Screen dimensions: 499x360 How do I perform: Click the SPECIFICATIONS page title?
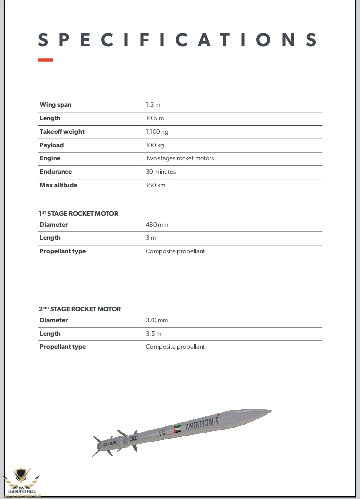[x=178, y=40]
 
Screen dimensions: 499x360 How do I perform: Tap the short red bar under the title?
[x=45, y=60]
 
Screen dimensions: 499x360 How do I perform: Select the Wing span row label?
[x=55, y=105]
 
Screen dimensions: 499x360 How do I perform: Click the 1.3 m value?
[x=153, y=105]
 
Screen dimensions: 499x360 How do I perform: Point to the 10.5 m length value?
[x=154, y=118]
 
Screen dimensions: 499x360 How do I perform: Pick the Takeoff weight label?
[x=62, y=132]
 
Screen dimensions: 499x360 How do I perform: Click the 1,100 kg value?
[x=157, y=132]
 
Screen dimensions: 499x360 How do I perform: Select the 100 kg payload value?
[x=154, y=145]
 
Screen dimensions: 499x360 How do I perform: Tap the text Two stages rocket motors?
[x=179, y=158]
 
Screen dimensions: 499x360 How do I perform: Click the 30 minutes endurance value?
[x=160, y=172]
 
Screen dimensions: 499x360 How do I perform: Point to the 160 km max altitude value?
[x=155, y=185]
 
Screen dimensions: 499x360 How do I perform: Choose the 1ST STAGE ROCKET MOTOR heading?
[x=78, y=213]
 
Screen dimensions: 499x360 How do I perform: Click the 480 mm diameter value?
[x=157, y=225]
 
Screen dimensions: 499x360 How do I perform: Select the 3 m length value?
[x=150, y=238]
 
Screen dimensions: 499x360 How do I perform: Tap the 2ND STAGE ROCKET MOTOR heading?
[x=80, y=309]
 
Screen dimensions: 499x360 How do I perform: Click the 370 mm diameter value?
[x=156, y=320]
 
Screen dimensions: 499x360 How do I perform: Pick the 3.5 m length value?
[x=153, y=334]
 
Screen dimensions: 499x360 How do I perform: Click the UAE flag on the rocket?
[x=177, y=429]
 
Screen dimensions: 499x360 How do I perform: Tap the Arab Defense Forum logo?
[x=21, y=481]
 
